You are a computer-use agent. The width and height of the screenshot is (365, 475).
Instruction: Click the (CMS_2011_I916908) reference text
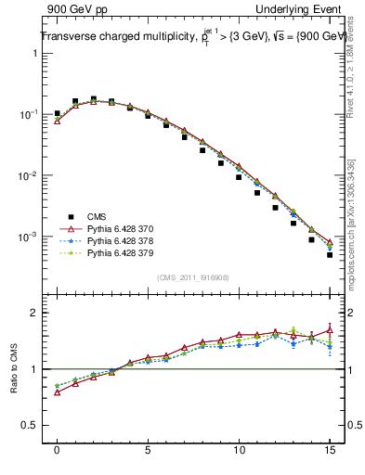193,277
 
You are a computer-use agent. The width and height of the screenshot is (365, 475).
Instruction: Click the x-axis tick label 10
239,459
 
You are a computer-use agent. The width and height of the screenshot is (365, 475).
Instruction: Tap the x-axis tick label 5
148,459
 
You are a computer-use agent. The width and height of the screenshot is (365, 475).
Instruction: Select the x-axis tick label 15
330,459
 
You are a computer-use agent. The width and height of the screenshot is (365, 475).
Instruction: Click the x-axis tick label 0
57,459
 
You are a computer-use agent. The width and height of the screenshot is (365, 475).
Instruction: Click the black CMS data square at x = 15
330,254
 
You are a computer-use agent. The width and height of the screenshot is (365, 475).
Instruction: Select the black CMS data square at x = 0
57,114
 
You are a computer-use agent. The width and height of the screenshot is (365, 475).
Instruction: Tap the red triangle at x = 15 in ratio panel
330,329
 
